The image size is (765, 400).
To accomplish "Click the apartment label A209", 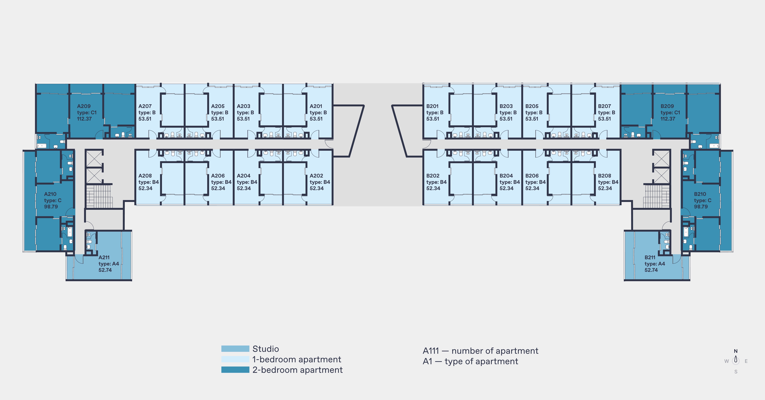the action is click(84, 106).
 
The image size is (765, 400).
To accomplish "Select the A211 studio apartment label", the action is click(104, 258).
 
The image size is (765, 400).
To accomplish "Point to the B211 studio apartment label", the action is click(650, 258).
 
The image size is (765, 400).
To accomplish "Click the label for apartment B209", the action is click(667, 106).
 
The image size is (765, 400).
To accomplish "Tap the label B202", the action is click(433, 176).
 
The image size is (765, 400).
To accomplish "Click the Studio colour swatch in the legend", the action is click(235, 349).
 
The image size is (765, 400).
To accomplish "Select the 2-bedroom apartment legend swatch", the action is click(235, 370).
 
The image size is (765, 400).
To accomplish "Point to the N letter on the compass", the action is click(736, 351).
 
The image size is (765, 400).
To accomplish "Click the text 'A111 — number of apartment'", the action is click(480, 351).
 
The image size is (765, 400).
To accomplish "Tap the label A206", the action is click(218, 176).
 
